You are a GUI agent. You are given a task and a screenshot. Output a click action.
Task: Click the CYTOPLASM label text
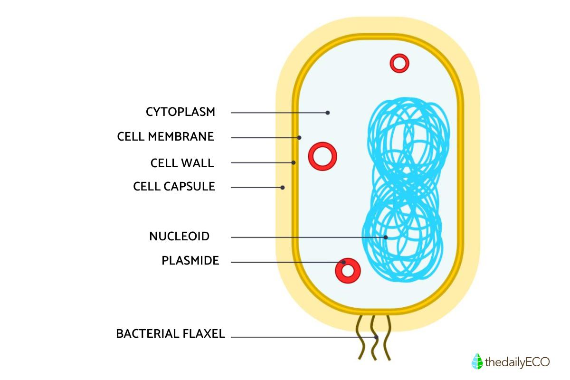180,112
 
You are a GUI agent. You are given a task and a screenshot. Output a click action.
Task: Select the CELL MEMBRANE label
165,137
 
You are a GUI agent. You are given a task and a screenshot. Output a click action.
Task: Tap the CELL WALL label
182,162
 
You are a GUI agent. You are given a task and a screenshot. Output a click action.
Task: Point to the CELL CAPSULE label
174,186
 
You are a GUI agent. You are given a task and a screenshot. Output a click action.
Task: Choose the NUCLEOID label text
179,236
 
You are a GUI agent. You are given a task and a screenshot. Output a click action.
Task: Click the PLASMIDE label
190,261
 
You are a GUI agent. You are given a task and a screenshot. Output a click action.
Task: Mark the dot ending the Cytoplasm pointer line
328,113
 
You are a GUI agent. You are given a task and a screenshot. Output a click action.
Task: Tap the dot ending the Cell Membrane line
299,138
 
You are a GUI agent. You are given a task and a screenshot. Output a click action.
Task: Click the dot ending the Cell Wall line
294,162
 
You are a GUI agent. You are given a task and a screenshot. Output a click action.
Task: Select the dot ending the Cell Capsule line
283,187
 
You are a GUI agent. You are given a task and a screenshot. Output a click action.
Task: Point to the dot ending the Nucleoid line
386,237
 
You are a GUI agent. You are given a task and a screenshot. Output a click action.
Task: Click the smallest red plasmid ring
399,63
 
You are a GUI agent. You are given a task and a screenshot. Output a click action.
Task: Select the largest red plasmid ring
323,156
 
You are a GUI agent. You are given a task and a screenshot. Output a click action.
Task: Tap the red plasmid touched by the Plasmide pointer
348,271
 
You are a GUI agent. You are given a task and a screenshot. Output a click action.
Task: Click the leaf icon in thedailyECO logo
477,361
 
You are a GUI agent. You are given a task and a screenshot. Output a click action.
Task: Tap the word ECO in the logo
537,362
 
